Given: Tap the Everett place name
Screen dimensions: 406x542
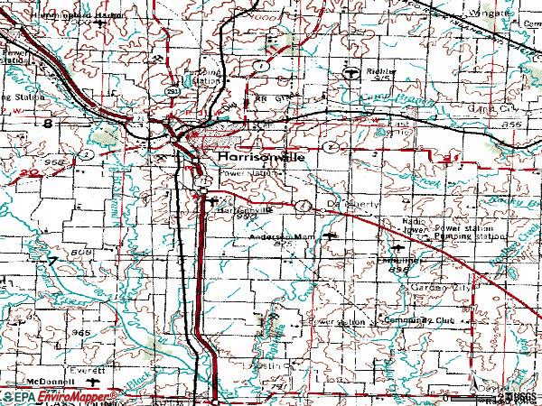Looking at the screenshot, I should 88,368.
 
